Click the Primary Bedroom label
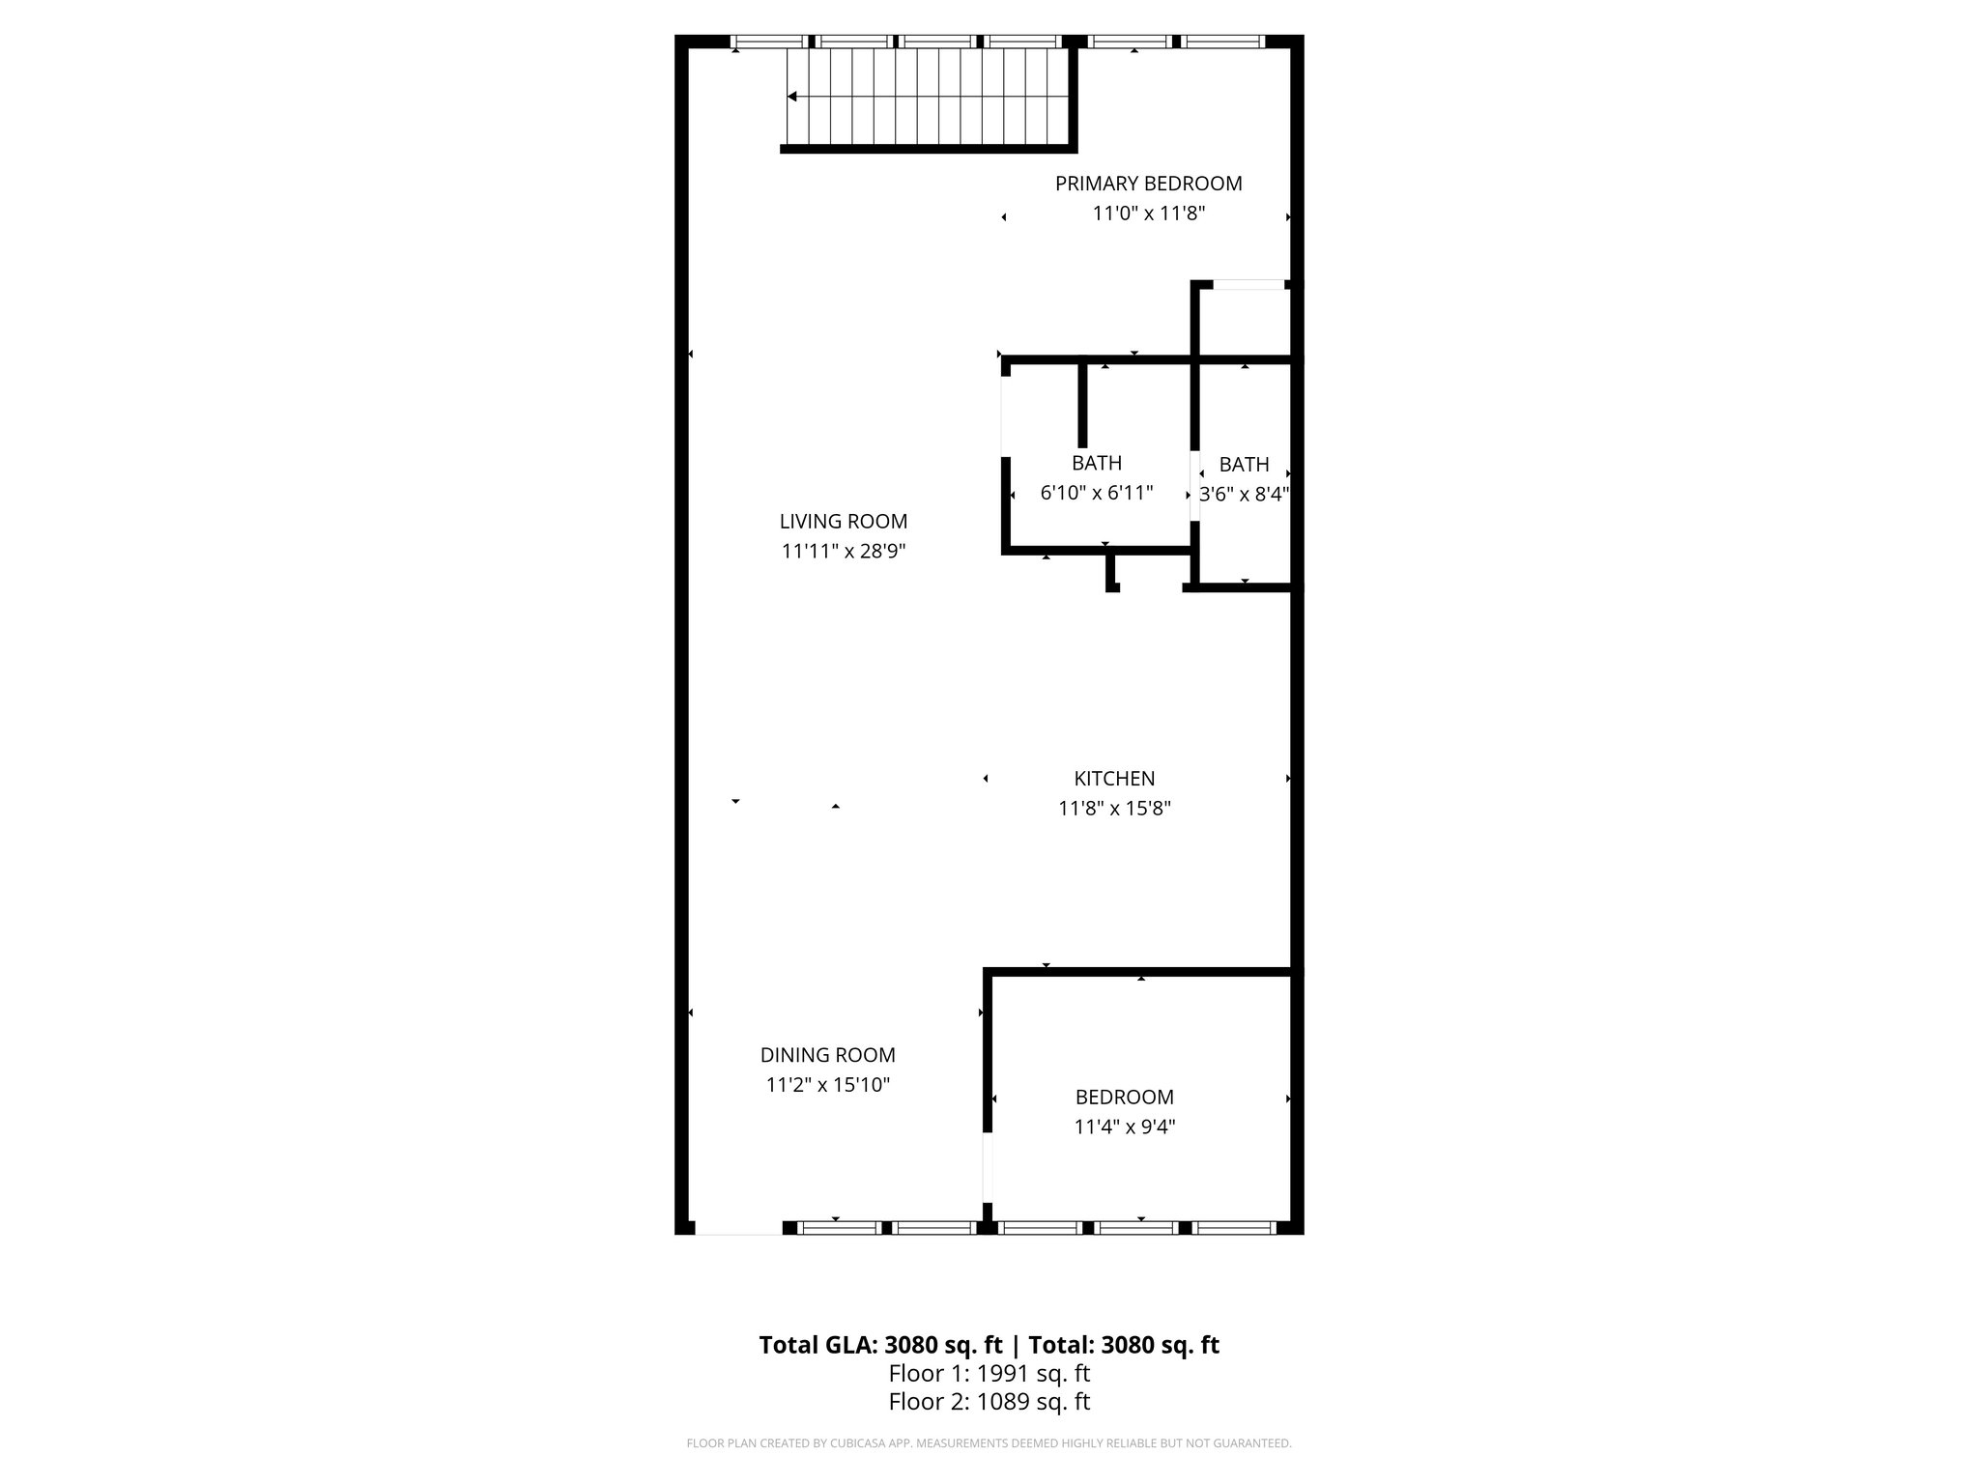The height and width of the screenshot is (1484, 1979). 1148,184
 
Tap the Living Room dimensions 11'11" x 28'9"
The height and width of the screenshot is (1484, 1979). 843,552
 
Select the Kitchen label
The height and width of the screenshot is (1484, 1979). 1114,779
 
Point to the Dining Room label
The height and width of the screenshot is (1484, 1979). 827,1056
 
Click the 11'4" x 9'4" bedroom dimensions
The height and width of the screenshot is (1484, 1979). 1124,1127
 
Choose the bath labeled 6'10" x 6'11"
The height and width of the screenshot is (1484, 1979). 1096,478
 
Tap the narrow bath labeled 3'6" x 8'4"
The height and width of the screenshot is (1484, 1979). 1244,479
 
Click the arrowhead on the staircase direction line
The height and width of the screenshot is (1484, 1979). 791,97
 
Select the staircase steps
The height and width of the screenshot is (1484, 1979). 928,97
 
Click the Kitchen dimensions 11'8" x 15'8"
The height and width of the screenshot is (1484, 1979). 1114,809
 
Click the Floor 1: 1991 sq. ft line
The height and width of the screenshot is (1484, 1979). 989,1373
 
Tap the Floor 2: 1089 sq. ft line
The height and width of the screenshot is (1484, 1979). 989,1402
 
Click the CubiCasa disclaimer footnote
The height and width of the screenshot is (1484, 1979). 989,1443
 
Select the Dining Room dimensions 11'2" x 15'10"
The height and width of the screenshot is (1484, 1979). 827,1085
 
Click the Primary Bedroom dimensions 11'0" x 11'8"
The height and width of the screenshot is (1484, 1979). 1148,214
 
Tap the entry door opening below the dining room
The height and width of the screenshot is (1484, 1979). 738,1228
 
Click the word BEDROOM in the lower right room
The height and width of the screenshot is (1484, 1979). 1124,1098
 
